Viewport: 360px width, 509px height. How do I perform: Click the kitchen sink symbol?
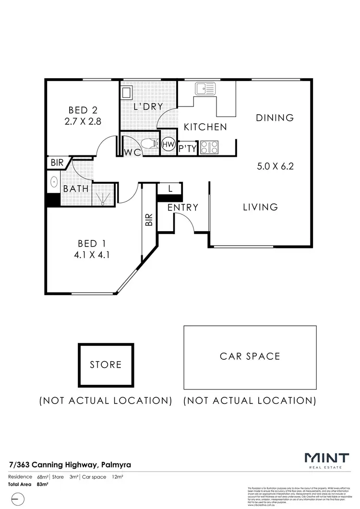pos(205,89)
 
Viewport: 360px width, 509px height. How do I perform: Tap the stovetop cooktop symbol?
pos(209,147)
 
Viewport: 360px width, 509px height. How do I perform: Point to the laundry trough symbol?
pos(126,92)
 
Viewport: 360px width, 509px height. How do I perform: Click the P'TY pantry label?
pos(188,149)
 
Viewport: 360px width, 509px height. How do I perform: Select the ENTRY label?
pos(183,207)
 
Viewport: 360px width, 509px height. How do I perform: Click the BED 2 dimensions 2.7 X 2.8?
pos(83,122)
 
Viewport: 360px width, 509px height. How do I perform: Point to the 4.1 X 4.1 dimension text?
pos(92,255)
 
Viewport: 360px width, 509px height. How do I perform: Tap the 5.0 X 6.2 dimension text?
pos(275,167)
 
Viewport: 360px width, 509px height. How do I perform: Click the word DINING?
pos(274,118)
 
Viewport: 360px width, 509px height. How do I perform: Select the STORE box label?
pos(106,365)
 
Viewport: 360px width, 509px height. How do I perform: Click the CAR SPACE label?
pos(250,356)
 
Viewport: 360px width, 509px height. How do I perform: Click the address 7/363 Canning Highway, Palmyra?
pos(71,464)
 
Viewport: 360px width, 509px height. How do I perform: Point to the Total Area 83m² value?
pos(43,485)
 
